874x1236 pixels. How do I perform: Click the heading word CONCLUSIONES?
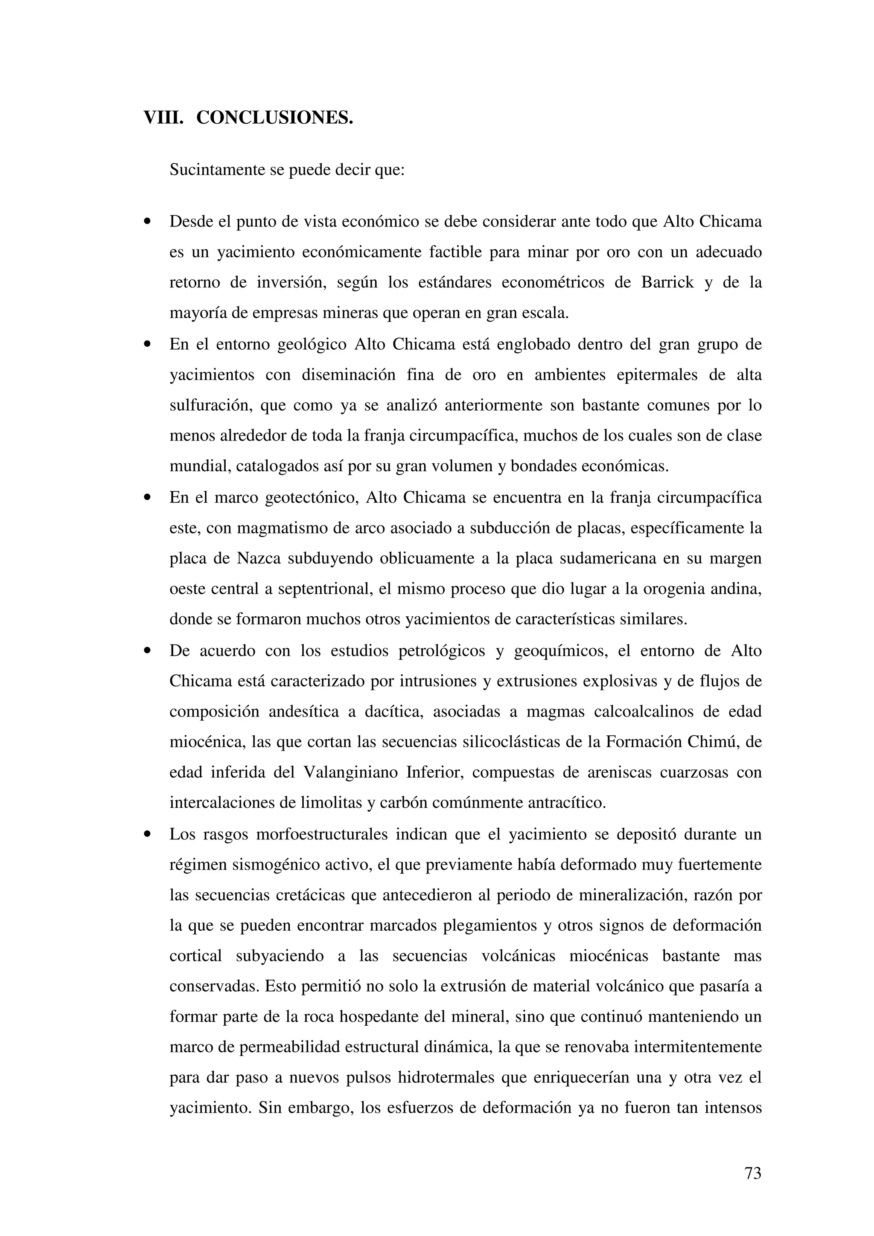click(275, 117)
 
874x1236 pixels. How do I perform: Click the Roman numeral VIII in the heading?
click(163, 117)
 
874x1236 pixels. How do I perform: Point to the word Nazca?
click(259, 558)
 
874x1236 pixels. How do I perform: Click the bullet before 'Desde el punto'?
click(146, 222)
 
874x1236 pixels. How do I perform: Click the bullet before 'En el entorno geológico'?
click(146, 345)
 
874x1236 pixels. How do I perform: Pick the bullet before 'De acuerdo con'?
click(146, 651)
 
